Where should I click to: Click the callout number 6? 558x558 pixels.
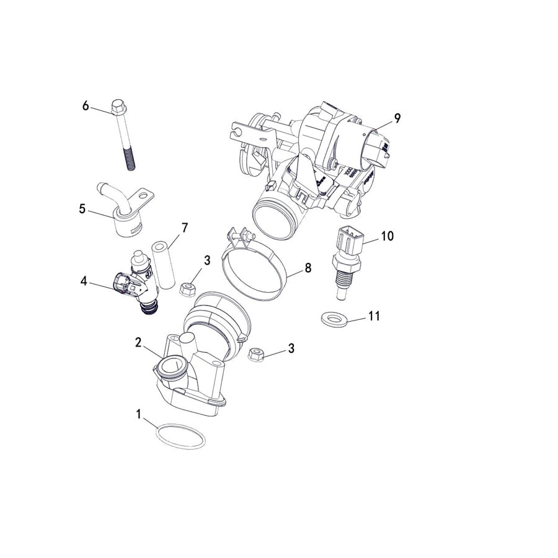(x=86, y=105)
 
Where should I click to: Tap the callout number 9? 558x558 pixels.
(x=397, y=117)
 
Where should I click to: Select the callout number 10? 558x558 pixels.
(x=387, y=236)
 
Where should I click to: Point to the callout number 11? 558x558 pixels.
(x=373, y=316)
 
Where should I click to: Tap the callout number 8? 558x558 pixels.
(x=307, y=268)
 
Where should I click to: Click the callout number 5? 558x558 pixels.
(x=82, y=208)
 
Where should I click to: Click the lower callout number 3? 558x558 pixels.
(x=291, y=348)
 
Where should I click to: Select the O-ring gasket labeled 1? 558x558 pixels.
(x=180, y=436)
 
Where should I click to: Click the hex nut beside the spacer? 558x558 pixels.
(x=188, y=288)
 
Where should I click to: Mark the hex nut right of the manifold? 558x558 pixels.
(x=257, y=355)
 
